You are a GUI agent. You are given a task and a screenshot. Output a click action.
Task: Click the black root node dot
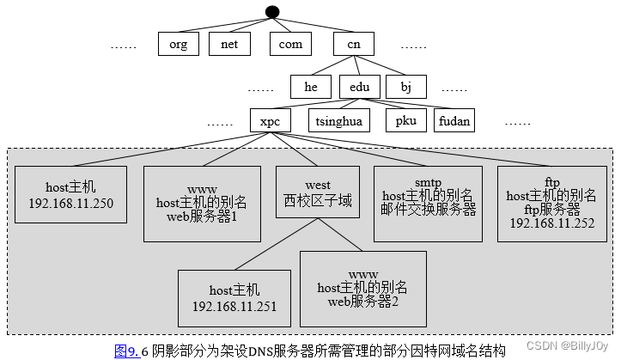click(x=272, y=11)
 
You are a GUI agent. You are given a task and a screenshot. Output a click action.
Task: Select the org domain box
click(x=178, y=44)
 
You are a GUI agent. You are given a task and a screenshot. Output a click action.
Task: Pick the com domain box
click(x=291, y=44)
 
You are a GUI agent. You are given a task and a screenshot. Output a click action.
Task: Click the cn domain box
click(x=354, y=44)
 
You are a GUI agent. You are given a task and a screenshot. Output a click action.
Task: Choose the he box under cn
click(x=310, y=87)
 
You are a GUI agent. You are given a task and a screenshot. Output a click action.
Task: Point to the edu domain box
click(x=359, y=87)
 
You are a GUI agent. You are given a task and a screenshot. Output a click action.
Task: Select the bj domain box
click(x=406, y=87)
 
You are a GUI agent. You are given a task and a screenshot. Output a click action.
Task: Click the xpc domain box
click(x=271, y=120)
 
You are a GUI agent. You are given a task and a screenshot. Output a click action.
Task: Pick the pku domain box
click(x=405, y=120)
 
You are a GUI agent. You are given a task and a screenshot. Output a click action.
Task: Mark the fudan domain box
click(x=454, y=120)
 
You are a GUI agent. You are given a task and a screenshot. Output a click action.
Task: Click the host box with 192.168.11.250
click(x=71, y=195)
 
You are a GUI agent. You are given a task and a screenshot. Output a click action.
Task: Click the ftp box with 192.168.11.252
click(x=552, y=203)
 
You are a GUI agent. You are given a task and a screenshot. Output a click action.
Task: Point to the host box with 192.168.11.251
click(x=234, y=298)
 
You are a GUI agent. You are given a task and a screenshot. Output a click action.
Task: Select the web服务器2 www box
click(x=362, y=288)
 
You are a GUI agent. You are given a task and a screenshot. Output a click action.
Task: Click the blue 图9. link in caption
click(x=126, y=350)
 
